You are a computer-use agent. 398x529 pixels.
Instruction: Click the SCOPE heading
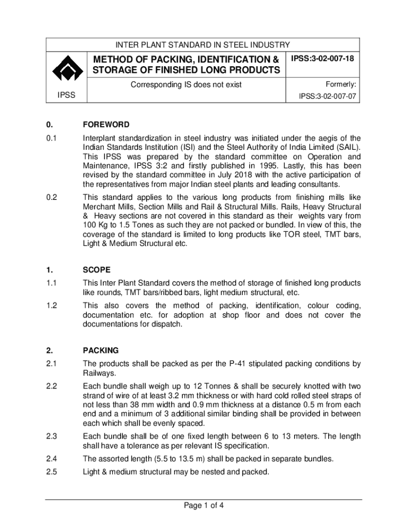pyautogui.click(x=97, y=270)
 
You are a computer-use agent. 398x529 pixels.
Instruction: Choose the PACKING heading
pyautogui.click(x=100, y=350)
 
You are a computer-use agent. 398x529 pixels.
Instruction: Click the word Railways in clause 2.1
pyautogui.click(x=98, y=373)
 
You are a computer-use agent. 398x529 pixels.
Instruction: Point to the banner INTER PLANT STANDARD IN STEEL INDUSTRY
pyautogui.click(x=202, y=45)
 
